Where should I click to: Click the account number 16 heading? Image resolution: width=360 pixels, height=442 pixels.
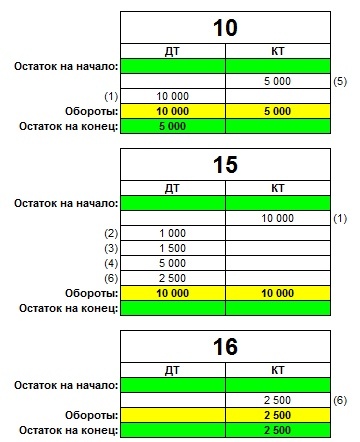tap(226, 347)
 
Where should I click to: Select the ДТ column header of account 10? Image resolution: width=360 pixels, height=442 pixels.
tap(172, 52)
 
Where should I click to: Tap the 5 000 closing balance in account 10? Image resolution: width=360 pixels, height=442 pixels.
tap(172, 126)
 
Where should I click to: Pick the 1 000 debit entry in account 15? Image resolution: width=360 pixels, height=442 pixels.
tap(172, 233)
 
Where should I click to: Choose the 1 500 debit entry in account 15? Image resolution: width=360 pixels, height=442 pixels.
tap(172, 247)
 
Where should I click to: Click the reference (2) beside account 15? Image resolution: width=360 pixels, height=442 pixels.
tap(111, 233)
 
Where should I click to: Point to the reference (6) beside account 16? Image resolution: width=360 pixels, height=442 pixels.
tap(340, 400)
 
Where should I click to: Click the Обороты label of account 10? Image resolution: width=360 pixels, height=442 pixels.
tap(90, 111)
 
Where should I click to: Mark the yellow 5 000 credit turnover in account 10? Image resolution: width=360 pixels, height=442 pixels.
tap(278, 111)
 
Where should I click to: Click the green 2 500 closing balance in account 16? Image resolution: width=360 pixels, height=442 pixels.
tap(278, 430)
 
